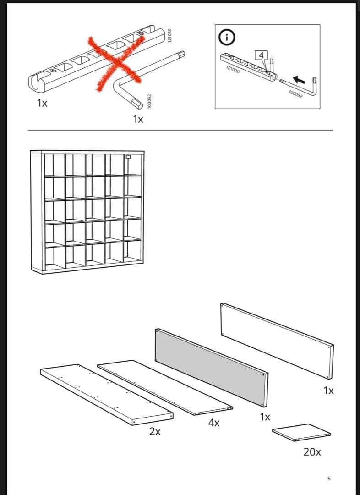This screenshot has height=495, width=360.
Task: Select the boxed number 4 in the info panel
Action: (261, 55)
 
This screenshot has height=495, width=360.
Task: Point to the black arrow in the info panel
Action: (299, 79)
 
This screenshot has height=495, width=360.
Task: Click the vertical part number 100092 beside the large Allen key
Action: (149, 101)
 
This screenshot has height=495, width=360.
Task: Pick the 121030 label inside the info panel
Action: (232, 70)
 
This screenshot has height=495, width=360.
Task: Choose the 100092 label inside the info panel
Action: (295, 93)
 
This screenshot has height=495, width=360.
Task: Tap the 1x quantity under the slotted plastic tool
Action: (42, 103)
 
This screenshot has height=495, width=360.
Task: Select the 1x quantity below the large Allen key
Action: (138, 120)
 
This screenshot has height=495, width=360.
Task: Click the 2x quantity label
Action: (155, 431)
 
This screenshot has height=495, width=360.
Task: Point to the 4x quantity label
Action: (213, 423)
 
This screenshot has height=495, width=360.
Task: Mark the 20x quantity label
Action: (312, 452)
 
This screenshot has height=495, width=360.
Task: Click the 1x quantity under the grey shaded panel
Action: (265, 417)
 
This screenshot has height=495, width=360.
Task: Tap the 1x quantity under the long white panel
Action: (328, 390)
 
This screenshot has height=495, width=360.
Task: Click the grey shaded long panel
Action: (211, 367)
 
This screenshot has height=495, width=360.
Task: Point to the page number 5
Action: (329, 478)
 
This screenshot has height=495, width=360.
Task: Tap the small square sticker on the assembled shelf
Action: (128, 157)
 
